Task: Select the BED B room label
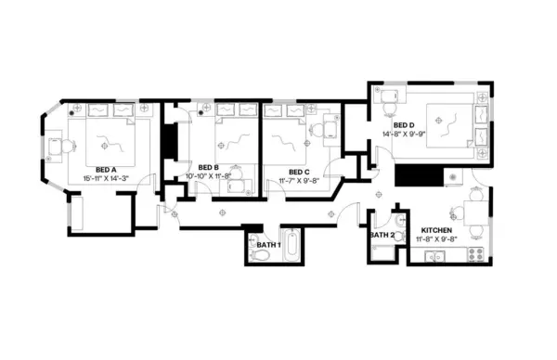pos(208,168)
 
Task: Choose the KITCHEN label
pos(436,229)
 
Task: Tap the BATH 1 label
pos(268,244)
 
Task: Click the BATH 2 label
pos(382,236)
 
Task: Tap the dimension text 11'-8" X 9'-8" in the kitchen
pos(436,238)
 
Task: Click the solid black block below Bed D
pos(413,174)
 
